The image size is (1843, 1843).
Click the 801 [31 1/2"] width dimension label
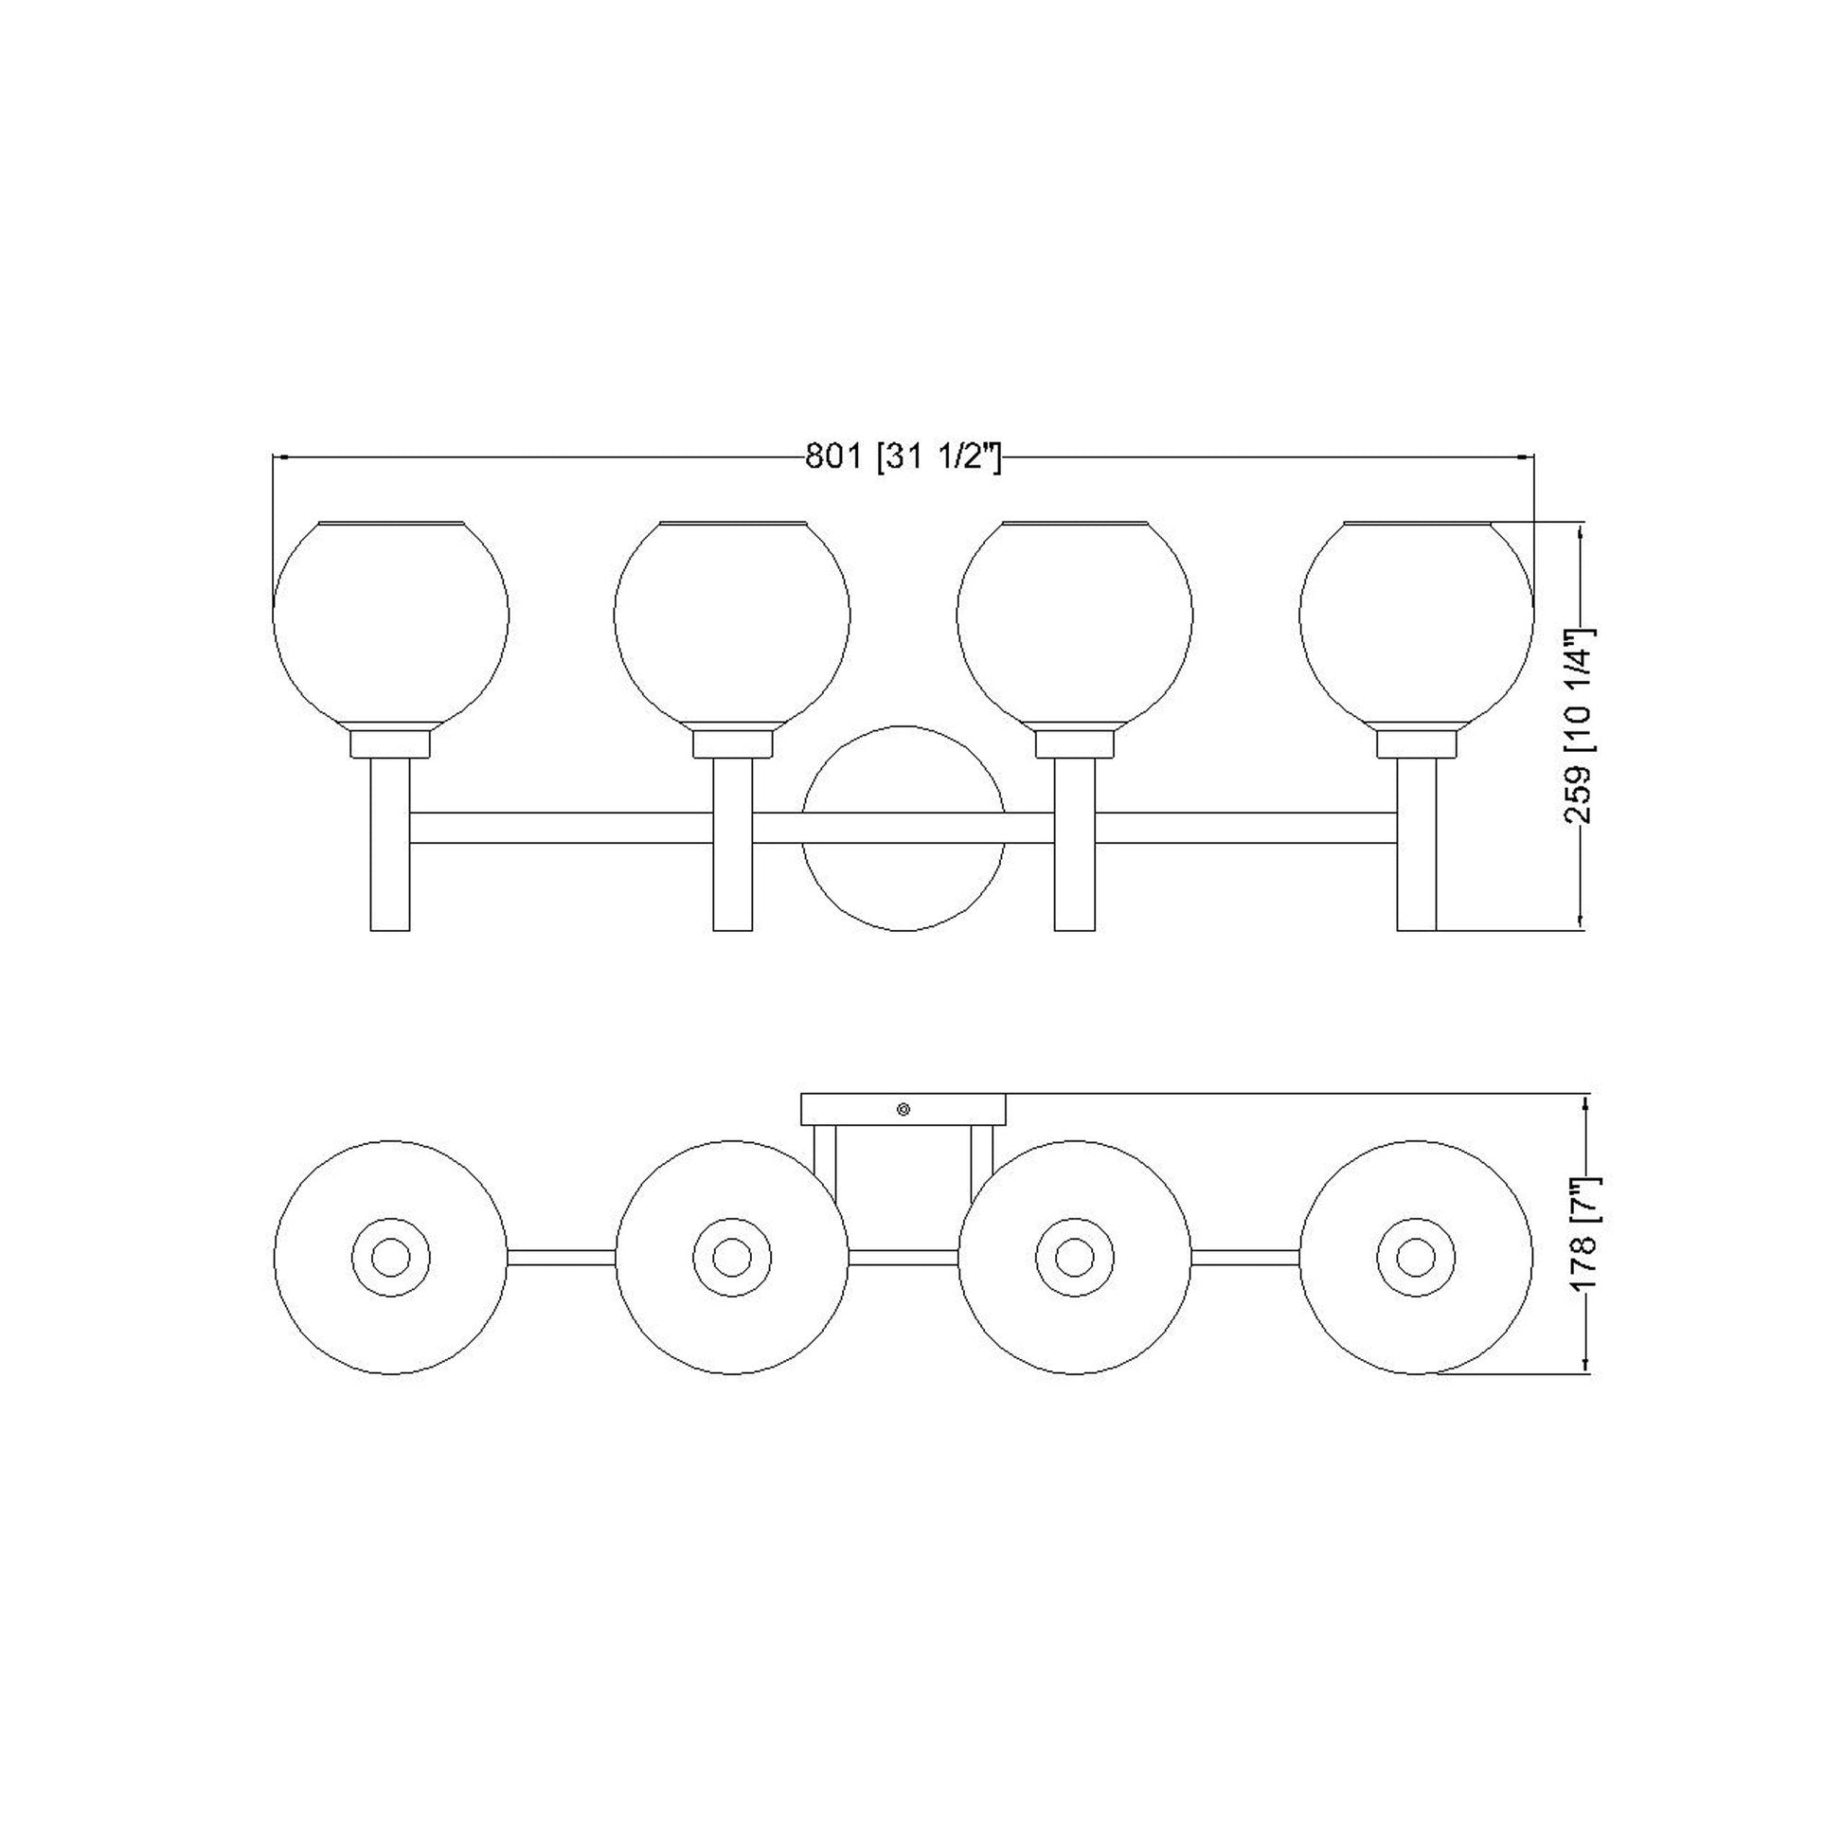pos(903,457)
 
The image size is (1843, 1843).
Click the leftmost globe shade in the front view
pos(390,621)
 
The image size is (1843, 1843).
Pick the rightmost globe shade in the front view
pos(1416,621)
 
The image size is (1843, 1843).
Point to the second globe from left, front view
pos(732,621)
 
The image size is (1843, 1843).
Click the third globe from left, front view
pos(1074,621)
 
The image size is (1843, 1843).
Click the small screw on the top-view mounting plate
pos(904,1108)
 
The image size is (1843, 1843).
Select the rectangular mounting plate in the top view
pos(859,1109)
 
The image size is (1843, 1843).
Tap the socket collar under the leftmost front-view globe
pos(390,744)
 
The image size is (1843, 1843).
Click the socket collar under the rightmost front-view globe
pos(1417,744)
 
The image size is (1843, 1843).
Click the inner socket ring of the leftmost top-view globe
pos(390,1258)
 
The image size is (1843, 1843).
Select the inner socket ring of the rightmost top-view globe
pos(1416,1258)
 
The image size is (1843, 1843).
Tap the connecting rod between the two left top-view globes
pos(561,1258)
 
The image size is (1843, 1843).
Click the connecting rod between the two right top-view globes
pos(1244,1258)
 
